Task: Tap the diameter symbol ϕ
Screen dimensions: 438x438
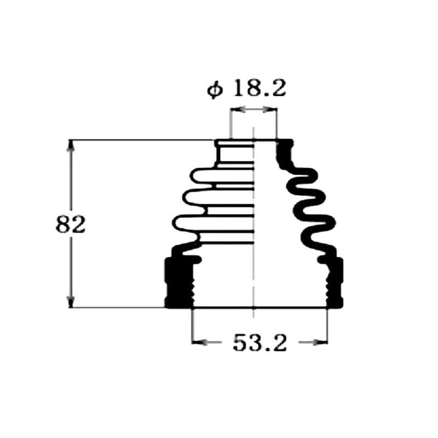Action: point(215,89)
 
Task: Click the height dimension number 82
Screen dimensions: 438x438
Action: point(71,225)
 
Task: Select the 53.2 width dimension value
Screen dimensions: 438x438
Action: point(260,343)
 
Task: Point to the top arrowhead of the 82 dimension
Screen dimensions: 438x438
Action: point(71,146)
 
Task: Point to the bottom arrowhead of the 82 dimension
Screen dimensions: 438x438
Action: point(71,302)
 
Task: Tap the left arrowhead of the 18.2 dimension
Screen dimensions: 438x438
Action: point(236,111)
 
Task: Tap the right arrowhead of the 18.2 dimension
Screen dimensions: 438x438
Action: point(272,111)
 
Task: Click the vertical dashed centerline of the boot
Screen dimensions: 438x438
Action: point(253,219)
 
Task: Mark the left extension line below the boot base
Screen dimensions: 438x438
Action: point(192,326)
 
